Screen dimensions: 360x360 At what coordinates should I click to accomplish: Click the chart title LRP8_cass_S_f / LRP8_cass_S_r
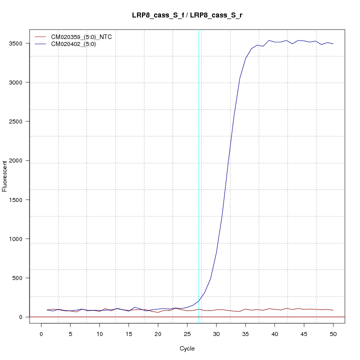pos(187,16)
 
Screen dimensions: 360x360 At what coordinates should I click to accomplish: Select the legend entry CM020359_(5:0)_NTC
pos(85,37)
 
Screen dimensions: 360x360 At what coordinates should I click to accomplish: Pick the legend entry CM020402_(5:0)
pos(77,44)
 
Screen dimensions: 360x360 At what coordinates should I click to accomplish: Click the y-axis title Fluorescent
pos(5,176)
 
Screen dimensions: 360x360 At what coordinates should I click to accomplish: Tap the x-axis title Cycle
pos(187,348)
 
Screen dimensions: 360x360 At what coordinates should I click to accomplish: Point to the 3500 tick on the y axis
pos(22,43)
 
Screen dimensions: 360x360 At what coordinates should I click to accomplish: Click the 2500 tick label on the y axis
pos(22,121)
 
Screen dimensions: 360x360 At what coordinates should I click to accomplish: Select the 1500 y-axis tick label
pos(22,199)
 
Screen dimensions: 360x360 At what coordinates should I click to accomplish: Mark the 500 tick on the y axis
pos(22,278)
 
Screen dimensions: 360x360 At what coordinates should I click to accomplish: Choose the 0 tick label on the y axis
pos(22,317)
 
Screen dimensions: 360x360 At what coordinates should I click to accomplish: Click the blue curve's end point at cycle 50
pos(333,44)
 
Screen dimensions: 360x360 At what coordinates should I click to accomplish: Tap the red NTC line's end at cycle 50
pos(333,310)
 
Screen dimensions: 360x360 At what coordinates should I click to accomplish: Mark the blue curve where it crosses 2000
pos(228,160)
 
